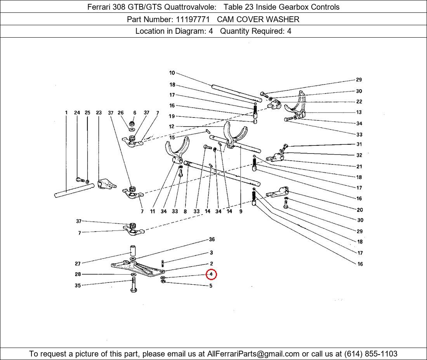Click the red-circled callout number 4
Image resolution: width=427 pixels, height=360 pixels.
coord(211,274)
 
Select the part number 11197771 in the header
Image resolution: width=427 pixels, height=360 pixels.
coord(193,19)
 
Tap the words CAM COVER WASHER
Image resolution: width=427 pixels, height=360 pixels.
coord(258,19)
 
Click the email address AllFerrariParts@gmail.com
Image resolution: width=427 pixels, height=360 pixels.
coord(253,354)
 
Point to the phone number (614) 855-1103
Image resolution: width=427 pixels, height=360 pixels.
coord(371,354)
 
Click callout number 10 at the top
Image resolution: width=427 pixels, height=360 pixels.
coord(172,73)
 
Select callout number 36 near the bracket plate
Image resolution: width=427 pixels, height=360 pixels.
coord(212,239)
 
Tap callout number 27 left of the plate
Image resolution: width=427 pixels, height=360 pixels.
coord(78,263)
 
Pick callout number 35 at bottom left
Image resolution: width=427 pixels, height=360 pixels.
coord(78,286)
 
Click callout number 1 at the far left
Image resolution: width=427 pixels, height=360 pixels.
coord(66,112)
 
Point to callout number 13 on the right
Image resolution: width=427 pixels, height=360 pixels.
coord(359,112)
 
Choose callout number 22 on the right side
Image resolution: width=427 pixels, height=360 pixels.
coord(359,102)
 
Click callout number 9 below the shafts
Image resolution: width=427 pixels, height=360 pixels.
coord(241,211)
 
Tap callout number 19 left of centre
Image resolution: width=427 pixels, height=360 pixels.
coord(172,116)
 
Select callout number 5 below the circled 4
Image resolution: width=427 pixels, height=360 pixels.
coord(211,286)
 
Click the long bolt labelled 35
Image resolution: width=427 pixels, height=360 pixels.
coord(134,285)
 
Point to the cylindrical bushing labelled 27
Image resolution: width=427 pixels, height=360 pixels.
coord(132,250)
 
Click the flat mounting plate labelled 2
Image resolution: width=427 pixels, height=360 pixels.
coord(138,268)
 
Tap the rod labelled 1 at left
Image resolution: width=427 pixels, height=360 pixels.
coord(75,190)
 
